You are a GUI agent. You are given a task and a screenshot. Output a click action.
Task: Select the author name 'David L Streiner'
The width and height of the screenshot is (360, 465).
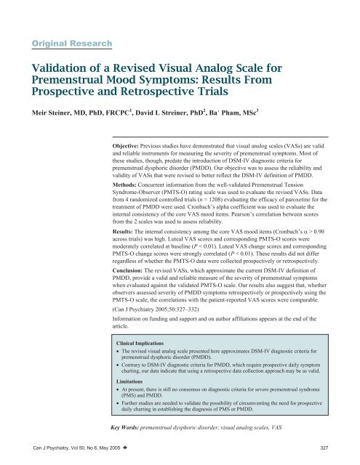203,117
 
